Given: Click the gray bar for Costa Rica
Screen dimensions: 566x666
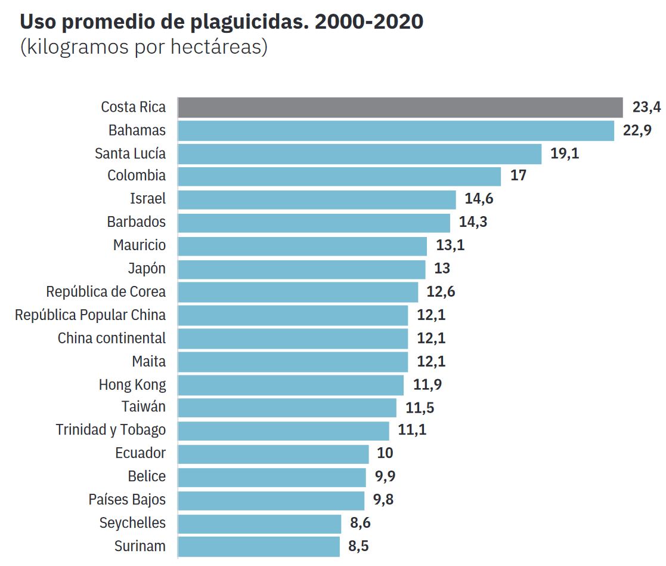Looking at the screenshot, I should [x=399, y=107].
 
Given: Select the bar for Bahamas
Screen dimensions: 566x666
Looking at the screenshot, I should [x=395, y=131].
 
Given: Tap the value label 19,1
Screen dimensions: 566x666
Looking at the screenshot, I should [x=565, y=153].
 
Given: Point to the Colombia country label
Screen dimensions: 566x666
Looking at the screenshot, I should [x=137, y=176].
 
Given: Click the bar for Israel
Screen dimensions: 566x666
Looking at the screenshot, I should [x=317, y=199].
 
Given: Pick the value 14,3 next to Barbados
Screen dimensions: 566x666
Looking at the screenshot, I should [x=473, y=222].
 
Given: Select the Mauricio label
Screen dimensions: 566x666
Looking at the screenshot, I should [x=140, y=245].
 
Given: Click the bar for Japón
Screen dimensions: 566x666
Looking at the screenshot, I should [x=301, y=269].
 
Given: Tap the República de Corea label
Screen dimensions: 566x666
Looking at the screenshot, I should [x=106, y=292].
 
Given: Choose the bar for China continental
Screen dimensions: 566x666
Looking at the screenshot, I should [x=292, y=339].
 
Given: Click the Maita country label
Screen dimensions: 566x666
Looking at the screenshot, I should [x=149, y=361].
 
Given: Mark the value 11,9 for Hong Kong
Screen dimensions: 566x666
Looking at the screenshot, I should [x=428, y=384].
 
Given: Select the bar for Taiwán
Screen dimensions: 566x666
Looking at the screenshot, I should [x=287, y=408].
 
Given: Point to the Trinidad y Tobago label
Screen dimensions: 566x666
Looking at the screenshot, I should [x=111, y=430].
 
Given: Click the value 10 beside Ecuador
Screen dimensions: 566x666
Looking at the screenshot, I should [x=385, y=453].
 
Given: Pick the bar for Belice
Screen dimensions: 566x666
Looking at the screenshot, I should [x=271, y=477].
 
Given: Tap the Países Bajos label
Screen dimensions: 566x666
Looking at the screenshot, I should [x=127, y=500].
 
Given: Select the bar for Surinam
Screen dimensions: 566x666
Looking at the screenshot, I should [x=258, y=546].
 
